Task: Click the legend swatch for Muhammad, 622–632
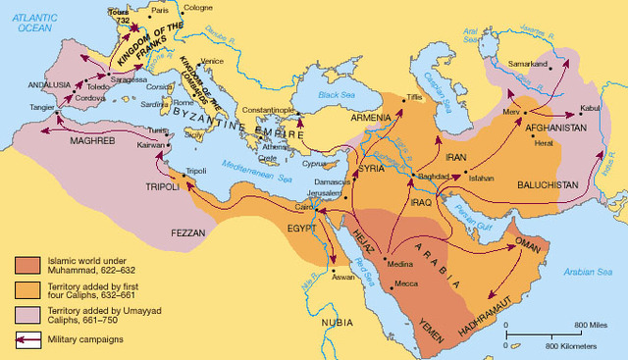(26, 266)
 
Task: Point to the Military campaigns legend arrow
(26, 340)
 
